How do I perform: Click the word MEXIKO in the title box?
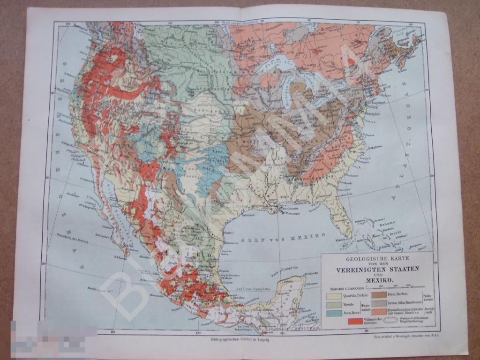[x=378, y=280]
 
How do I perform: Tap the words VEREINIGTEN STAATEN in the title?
[x=377, y=269]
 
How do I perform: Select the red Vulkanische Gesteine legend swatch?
[x=355, y=321]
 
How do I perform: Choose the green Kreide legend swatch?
[x=333, y=304]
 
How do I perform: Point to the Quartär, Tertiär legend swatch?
[x=333, y=295]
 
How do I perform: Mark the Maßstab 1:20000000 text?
[x=344, y=288]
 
